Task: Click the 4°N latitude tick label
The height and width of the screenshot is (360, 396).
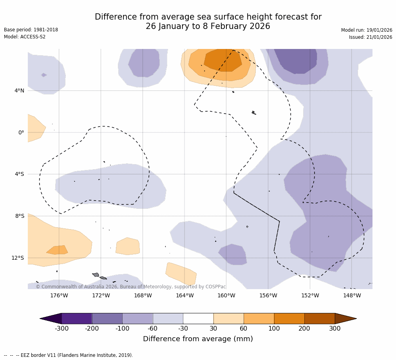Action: click(19, 91)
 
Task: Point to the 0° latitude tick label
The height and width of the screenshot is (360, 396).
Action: click(21, 133)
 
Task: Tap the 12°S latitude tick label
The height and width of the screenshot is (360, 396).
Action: click(18, 258)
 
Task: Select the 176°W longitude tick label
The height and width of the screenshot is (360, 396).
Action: click(59, 295)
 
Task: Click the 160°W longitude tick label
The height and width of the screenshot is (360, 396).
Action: click(226, 295)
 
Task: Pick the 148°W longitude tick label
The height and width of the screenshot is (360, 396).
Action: click(352, 295)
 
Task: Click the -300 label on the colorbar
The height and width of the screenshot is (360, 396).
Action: click(61, 329)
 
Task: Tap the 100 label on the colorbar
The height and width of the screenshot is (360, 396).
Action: click(274, 329)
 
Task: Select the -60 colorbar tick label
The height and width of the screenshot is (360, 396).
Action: click(153, 329)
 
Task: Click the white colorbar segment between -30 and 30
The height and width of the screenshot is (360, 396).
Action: click(198, 318)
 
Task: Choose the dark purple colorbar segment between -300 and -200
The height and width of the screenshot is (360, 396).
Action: click(77, 318)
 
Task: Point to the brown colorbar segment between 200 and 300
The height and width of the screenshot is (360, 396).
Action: click(320, 318)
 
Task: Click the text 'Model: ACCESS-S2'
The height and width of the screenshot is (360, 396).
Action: click(25, 37)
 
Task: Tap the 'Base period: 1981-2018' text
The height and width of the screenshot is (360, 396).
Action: click(31, 30)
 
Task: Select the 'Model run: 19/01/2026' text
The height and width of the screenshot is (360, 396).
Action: click(367, 30)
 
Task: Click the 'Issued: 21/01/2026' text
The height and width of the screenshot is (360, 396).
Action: click(371, 37)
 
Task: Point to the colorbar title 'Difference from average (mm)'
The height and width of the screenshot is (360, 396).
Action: click(198, 339)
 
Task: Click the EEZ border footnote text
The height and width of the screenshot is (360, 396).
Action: click(69, 355)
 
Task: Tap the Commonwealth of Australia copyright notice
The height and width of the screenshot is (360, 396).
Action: click(131, 287)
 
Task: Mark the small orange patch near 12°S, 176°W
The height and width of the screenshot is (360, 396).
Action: click(58, 250)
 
